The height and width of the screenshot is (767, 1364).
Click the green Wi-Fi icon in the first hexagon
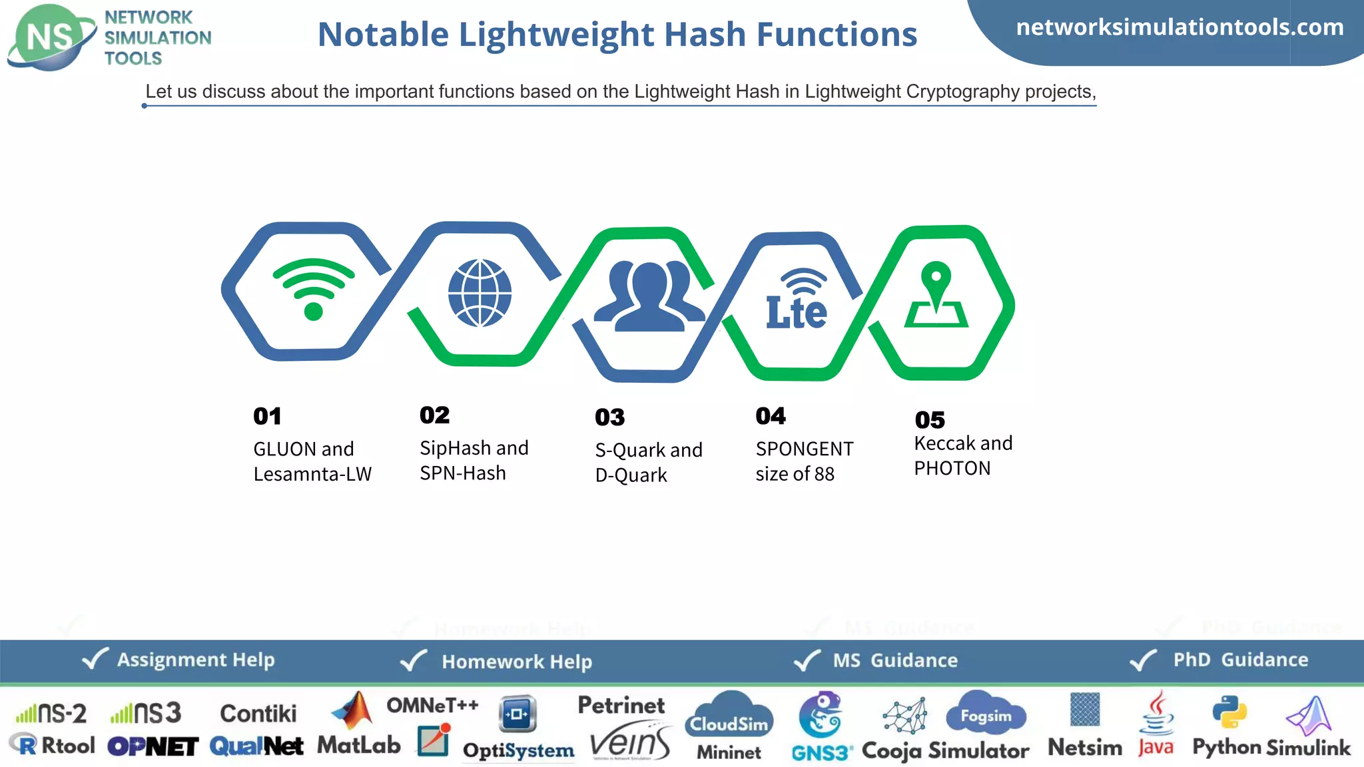[x=313, y=290]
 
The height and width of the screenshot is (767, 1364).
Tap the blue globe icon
[x=480, y=293]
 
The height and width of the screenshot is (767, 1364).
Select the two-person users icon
[x=649, y=296]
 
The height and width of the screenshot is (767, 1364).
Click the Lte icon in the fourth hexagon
[x=797, y=301]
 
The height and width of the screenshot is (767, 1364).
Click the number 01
[x=267, y=416]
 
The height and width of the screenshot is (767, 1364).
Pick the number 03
[x=610, y=417]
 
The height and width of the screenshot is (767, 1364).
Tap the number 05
[x=930, y=420]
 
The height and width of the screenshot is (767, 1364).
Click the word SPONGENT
[x=805, y=449]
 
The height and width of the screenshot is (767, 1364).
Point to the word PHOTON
[x=952, y=469]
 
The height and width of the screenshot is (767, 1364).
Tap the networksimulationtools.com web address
[x=1180, y=27]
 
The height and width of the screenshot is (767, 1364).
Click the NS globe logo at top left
[x=51, y=37]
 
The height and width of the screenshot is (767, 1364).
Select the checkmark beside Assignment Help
[x=95, y=659]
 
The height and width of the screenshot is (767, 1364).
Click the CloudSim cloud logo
[x=729, y=716]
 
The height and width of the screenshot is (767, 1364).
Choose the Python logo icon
[x=1229, y=712]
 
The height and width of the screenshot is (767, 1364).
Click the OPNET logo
[x=153, y=746]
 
